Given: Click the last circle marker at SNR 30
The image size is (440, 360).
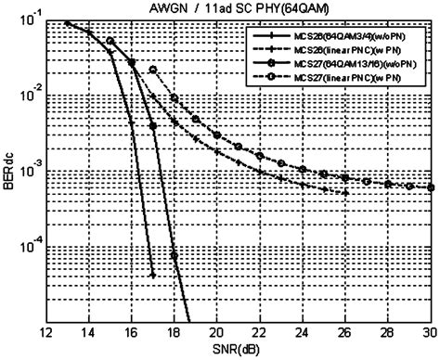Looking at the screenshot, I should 431,187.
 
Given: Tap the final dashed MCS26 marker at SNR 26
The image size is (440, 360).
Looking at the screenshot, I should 345,192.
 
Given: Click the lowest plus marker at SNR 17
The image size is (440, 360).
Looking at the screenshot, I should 152,275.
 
